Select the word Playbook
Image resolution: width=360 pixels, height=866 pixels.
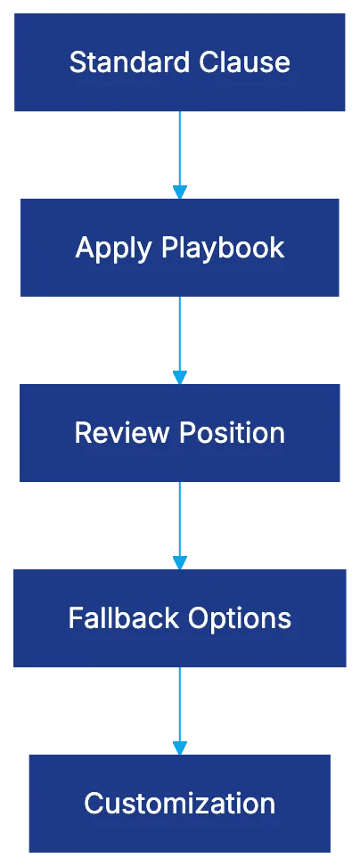(x=223, y=248)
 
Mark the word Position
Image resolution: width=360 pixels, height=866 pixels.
(x=232, y=433)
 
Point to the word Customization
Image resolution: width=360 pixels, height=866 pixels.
(x=180, y=803)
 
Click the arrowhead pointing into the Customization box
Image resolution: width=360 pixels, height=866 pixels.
(x=180, y=747)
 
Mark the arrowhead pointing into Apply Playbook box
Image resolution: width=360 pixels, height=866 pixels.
(x=180, y=191)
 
